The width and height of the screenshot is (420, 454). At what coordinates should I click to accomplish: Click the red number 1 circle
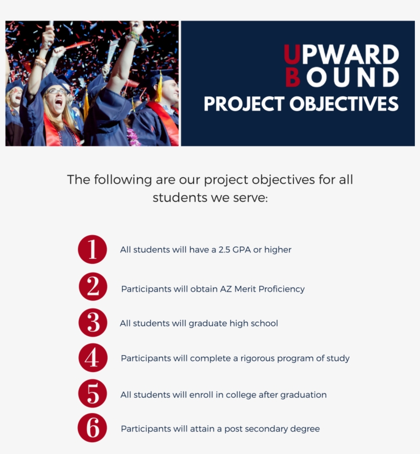point(92,250)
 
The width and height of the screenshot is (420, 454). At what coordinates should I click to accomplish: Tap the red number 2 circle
point(93,287)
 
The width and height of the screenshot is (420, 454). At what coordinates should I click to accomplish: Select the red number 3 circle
point(93,323)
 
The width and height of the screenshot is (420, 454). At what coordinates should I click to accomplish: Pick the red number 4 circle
point(93,358)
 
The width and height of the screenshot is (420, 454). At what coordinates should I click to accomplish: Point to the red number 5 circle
point(93,394)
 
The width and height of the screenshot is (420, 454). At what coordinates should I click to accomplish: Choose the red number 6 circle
point(93,428)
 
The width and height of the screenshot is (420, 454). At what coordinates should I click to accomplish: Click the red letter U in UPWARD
point(292,55)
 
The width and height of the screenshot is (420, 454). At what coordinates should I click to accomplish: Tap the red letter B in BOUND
point(292,78)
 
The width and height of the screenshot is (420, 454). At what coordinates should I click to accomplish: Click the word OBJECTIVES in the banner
point(344,104)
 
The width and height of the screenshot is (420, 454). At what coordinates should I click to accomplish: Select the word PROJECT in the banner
point(244,104)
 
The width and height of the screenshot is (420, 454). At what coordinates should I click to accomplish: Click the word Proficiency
point(281,289)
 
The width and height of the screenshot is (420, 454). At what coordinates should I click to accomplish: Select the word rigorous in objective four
point(260,358)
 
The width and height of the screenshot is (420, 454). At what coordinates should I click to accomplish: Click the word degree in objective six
point(305,429)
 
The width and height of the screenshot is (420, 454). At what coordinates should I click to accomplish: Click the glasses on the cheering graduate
point(57,91)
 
